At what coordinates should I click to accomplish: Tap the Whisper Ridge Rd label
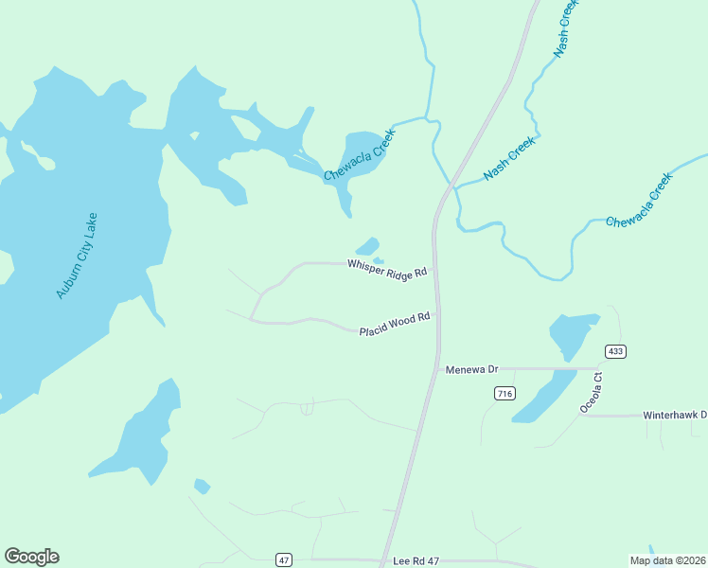click(x=387, y=268)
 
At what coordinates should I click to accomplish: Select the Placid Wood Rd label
click(x=394, y=324)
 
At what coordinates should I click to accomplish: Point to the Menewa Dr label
click(x=471, y=369)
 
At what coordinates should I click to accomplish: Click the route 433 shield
click(x=615, y=351)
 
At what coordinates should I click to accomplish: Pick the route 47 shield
click(x=284, y=559)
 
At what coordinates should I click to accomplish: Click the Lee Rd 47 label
click(x=417, y=561)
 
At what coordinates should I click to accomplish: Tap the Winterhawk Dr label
click(x=675, y=415)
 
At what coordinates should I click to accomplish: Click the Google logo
click(x=31, y=557)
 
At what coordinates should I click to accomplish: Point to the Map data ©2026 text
click(x=667, y=560)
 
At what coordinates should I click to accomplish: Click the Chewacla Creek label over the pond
click(x=358, y=156)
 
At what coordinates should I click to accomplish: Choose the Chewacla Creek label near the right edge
click(x=639, y=200)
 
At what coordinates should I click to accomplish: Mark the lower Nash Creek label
click(x=509, y=158)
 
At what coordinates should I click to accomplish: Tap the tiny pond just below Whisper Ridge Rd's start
click(x=379, y=260)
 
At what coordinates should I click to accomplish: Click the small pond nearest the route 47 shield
click(x=202, y=487)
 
